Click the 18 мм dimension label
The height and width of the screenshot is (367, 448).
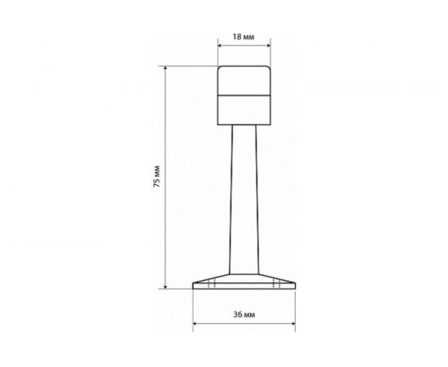click(x=244, y=37)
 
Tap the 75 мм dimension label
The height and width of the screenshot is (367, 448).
click(x=157, y=176)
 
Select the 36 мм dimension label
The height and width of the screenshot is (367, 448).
click(x=244, y=315)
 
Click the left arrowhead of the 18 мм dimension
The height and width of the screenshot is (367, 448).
click(x=220, y=45)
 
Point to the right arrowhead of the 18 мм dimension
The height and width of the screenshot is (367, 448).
click(x=269, y=45)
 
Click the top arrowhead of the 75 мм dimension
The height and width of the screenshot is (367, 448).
click(x=165, y=68)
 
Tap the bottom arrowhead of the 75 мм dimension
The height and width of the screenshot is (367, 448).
click(x=165, y=286)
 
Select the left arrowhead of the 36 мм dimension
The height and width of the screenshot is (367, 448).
click(x=195, y=324)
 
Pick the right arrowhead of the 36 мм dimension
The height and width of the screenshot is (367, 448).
click(x=293, y=324)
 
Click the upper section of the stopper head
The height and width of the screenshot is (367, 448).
click(x=244, y=81)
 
